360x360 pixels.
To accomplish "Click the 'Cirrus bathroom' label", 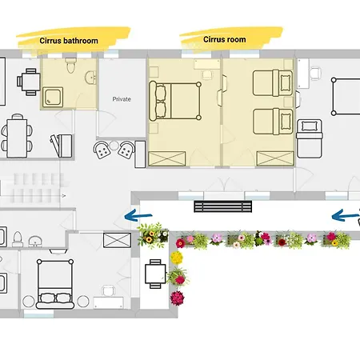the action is click(69, 41).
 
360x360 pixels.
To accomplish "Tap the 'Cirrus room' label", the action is click(225, 39).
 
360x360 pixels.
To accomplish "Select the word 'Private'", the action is click(122, 99).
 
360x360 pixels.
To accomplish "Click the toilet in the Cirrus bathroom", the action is click(70, 66).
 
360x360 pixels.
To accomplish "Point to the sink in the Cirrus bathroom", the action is click(90, 78).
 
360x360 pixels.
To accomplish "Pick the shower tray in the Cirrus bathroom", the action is click(53, 97).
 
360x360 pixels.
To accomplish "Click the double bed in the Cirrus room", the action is click(175, 101).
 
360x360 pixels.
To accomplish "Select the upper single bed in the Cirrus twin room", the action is click(273, 82).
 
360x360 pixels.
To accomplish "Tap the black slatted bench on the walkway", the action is click(223, 206).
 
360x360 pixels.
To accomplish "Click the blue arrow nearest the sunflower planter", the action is click(138, 215).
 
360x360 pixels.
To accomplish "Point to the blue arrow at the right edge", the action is click(346, 215).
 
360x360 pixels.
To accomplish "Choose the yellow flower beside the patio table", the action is click(177, 258).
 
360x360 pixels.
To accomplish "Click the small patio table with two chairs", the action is click(155, 274).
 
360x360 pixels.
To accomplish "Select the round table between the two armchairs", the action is click(114, 146).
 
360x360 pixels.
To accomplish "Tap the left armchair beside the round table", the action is click(102, 150).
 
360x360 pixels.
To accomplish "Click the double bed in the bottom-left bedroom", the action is click(55, 284).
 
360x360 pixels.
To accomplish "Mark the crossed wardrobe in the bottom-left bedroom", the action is click(117, 240).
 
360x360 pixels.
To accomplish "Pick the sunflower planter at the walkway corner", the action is click(153, 236).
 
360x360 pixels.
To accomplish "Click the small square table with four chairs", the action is click(29, 82).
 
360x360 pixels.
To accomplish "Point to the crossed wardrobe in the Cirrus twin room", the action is click(275, 158).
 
